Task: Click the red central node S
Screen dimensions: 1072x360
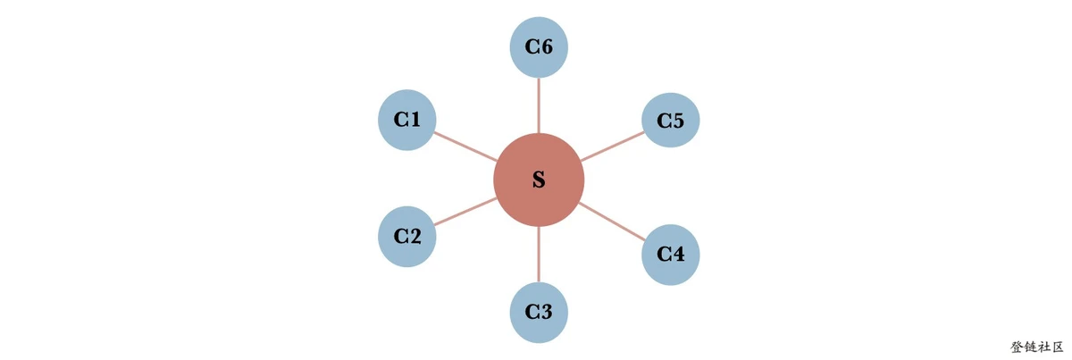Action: point(539,180)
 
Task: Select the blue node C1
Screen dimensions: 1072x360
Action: point(407,120)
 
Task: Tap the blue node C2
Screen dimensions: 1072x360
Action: point(407,237)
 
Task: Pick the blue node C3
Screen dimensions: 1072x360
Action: point(539,312)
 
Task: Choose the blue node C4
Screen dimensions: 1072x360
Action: point(671,255)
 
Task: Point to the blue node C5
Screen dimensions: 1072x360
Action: point(671,121)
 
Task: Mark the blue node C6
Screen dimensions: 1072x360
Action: point(539,47)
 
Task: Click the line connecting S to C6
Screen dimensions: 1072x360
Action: point(539,105)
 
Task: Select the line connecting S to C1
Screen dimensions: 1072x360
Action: point(465,147)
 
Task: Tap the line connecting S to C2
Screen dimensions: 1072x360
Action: point(465,211)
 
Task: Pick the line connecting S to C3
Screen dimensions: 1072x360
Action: point(539,255)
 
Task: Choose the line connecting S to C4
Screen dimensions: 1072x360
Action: point(612,222)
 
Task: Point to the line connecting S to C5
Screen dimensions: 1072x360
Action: point(613,146)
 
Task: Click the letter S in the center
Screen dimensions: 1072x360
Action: point(539,180)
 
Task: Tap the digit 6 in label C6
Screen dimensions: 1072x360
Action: point(546,47)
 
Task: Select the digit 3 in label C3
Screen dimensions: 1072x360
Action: point(546,312)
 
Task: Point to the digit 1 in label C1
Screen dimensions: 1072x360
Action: point(415,120)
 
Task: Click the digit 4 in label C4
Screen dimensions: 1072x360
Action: point(678,255)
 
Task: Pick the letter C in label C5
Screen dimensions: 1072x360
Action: point(663,121)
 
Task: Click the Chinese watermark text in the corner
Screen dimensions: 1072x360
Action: point(1037,347)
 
